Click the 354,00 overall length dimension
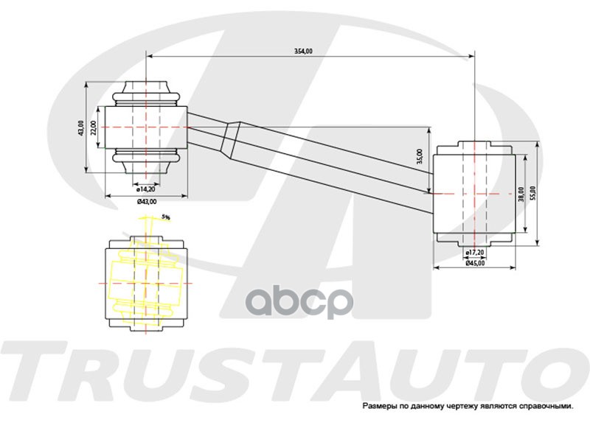[x=303, y=51]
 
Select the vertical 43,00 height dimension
[x=81, y=129]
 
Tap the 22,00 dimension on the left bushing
[x=94, y=128]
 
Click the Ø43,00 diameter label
[x=147, y=201]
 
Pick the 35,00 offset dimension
[x=420, y=156]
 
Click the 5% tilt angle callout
[x=166, y=217]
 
